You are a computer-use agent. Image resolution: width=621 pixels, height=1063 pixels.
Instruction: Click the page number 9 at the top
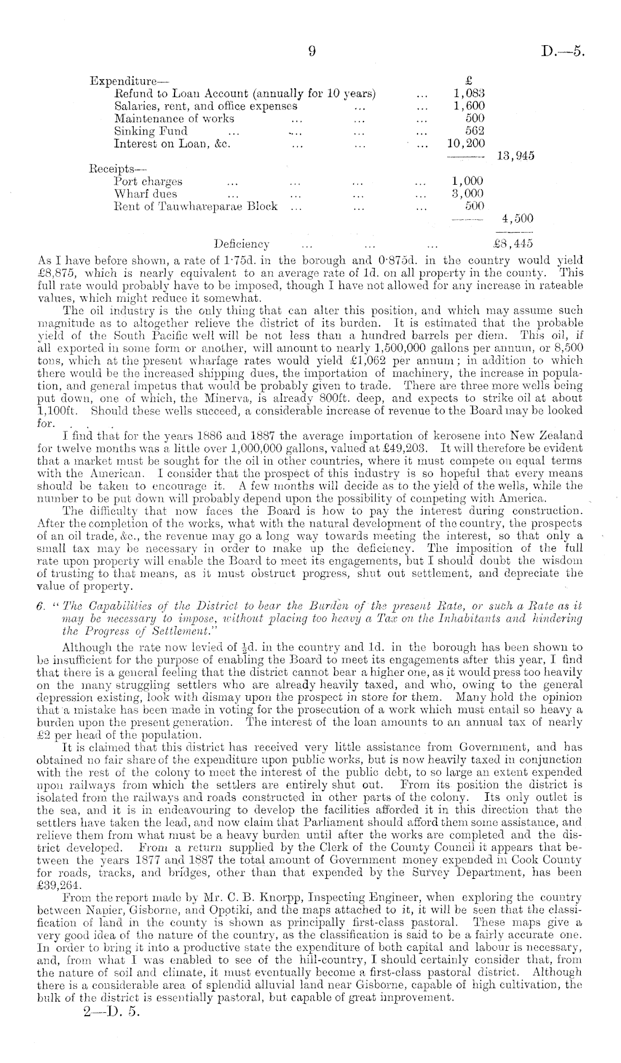(x=312, y=52)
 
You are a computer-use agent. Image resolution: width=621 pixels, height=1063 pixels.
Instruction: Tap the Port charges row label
(x=148, y=181)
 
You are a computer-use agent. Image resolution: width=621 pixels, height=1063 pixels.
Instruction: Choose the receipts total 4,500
(x=518, y=219)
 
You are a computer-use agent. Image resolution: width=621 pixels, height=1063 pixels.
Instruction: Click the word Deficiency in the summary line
(x=242, y=244)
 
